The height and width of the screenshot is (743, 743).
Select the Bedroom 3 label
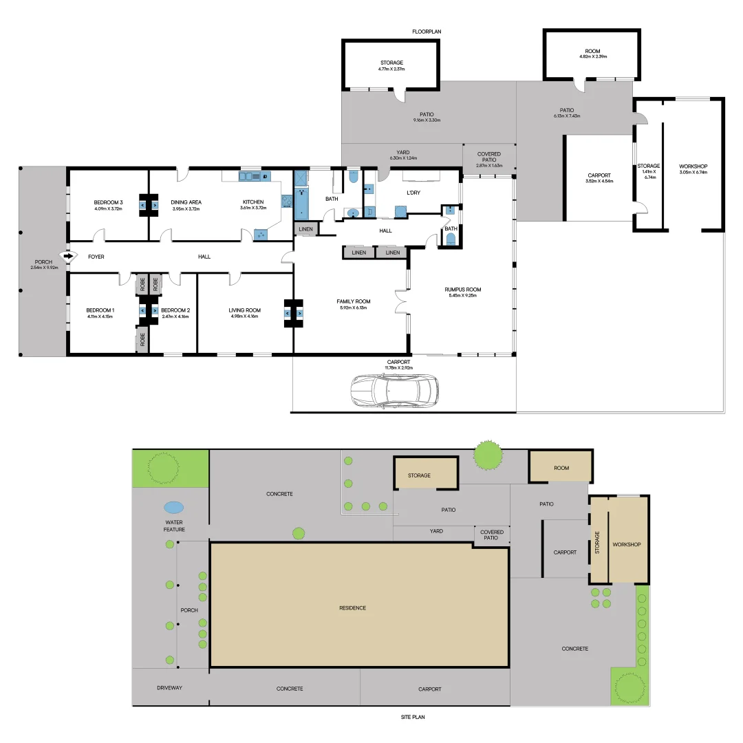click(108, 202)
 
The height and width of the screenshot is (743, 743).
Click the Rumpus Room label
click(463, 289)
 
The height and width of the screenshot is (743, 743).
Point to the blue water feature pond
click(174, 508)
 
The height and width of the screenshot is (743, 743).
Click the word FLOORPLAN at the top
click(427, 32)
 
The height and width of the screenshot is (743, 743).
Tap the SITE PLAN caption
click(413, 717)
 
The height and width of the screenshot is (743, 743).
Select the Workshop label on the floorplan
click(693, 166)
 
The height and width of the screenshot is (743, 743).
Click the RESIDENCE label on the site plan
click(353, 607)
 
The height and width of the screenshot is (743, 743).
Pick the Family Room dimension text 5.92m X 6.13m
click(353, 308)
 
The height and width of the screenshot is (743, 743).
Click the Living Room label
click(245, 310)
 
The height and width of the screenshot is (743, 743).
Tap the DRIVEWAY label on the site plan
click(169, 688)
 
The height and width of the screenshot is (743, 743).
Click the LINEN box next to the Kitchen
click(306, 228)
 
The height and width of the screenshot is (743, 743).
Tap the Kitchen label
click(253, 202)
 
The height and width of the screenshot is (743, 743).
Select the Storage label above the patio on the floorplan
click(391, 63)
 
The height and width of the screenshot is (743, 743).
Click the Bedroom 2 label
click(175, 310)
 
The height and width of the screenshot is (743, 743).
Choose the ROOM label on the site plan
click(561, 468)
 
